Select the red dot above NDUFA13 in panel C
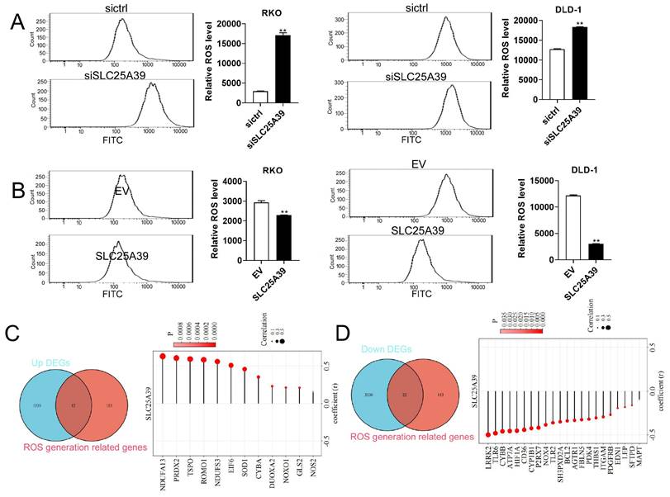click(x=164, y=357)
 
